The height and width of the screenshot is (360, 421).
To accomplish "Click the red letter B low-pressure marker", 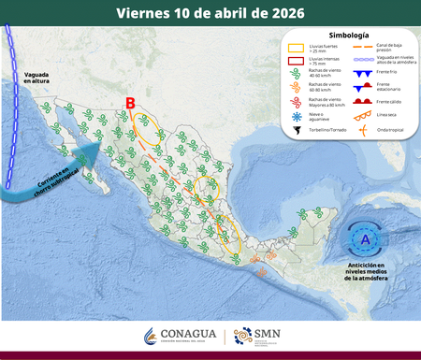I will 131,104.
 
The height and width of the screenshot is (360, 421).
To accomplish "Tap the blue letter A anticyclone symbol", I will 363,240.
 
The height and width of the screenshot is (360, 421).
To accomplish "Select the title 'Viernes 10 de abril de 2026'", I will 210,13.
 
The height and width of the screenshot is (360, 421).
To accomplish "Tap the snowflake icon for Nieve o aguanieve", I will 295,115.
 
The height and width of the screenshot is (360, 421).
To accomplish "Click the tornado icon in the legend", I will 295,129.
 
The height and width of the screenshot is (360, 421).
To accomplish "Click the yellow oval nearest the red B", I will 145,127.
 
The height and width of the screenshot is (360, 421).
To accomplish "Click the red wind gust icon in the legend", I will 295,101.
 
